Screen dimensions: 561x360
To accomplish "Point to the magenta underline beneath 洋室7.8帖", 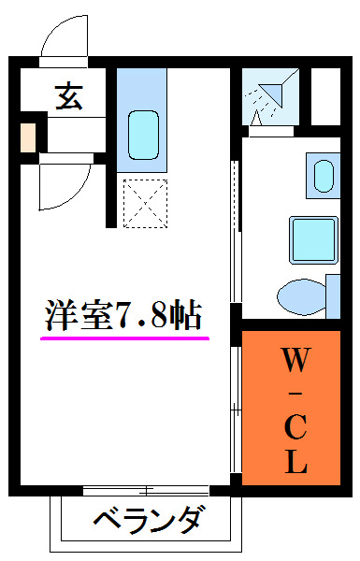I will tap(124, 338).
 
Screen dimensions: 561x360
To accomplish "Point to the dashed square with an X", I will tap(142, 200).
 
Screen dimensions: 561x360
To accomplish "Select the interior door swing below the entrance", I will tap(58, 185).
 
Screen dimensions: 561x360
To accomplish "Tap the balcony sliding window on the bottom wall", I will tap(145, 490).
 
